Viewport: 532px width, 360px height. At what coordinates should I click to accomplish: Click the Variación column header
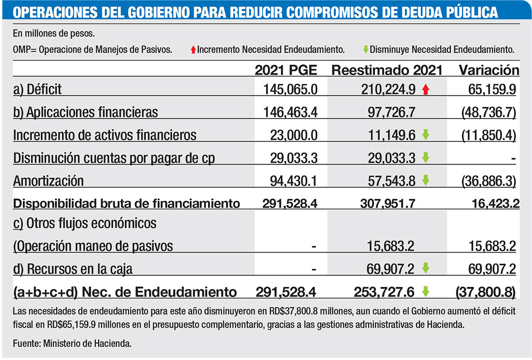489,70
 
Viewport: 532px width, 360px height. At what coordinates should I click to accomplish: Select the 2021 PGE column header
286,70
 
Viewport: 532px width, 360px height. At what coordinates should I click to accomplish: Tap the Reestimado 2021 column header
387,70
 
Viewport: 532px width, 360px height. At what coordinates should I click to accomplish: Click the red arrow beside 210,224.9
426,89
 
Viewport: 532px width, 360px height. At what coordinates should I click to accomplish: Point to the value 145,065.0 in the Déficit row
291,89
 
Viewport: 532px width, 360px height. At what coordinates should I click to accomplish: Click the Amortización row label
48,181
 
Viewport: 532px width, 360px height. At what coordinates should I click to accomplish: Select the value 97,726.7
392,112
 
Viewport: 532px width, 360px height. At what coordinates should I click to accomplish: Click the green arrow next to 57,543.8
426,180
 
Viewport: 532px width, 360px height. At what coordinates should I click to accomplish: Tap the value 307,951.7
387,203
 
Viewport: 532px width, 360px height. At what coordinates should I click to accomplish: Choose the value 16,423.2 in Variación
495,203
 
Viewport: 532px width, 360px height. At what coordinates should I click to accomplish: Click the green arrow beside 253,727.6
426,291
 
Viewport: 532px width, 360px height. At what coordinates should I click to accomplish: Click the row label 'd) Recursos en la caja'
73,269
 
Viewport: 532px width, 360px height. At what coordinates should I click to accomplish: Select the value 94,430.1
294,181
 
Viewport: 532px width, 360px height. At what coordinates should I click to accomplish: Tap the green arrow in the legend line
366,49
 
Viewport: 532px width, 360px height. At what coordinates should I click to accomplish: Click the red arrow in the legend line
193,49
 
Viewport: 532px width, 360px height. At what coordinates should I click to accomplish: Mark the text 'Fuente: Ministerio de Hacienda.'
72,344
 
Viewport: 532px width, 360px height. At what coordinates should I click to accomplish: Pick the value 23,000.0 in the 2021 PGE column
294,135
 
